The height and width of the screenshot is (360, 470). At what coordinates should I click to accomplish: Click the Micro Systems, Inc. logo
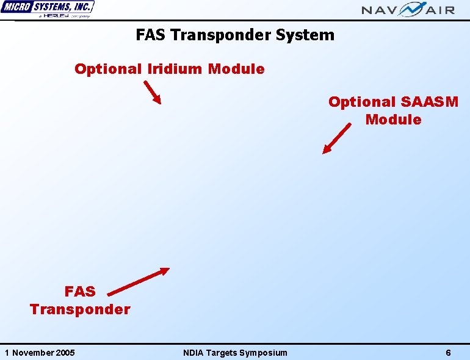(48, 8)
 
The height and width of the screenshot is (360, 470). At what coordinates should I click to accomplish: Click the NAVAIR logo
(408, 9)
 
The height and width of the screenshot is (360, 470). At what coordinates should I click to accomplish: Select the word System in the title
(305, 35)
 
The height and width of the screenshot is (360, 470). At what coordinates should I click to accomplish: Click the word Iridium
(175, 69)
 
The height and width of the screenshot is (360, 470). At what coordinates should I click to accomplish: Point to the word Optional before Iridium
(108, 69)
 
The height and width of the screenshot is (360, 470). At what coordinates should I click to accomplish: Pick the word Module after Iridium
(236, 69)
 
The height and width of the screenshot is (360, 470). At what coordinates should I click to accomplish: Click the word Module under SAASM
(393, 120)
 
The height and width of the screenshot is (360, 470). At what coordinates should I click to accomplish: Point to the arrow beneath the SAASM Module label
(337, 139)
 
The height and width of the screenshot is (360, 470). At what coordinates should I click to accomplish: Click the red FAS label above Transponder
(80, 292)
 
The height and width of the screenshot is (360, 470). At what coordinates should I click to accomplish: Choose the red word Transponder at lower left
(80, 309)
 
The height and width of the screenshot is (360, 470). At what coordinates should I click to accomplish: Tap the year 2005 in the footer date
(65, 353)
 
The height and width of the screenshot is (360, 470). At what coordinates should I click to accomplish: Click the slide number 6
(448, 353)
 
